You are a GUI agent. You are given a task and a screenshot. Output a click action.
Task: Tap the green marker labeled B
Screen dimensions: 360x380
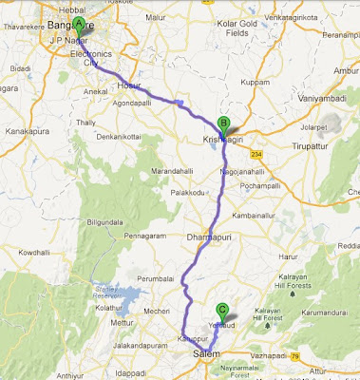pyautogui.click(x=224, y=123)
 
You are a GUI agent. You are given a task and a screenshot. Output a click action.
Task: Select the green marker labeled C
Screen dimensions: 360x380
pyautogui.click(x=222, y=309)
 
